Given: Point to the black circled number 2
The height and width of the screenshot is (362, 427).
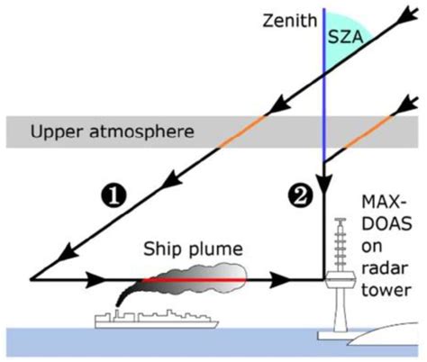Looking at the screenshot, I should pos(300,193).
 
